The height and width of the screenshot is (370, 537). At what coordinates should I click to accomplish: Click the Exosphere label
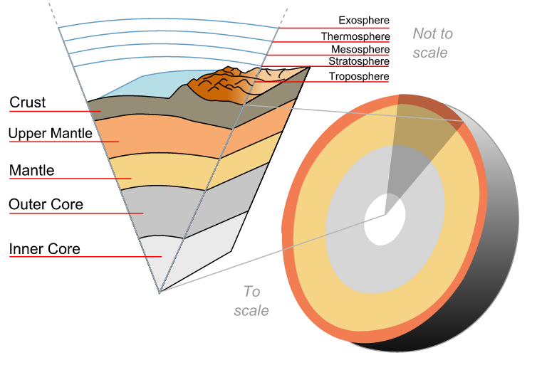tap(364, 21)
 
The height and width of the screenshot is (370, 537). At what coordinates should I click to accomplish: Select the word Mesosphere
tap(360, 50)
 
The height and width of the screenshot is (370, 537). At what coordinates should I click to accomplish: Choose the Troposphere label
tap(359, 76)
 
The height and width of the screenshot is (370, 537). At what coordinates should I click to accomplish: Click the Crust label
tap(28, 102)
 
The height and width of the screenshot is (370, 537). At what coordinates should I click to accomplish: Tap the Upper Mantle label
tap(51, 133)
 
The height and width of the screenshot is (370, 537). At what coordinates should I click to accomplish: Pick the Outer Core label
tap(46, 205)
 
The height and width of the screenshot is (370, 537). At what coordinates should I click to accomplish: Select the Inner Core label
tap(44, 249)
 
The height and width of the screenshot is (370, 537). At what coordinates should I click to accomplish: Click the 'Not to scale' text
tap(432, 43)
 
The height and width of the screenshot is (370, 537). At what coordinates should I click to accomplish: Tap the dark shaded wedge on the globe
tap(420, 142)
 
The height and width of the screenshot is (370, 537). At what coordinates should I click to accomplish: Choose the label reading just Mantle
tap(31, 171)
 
